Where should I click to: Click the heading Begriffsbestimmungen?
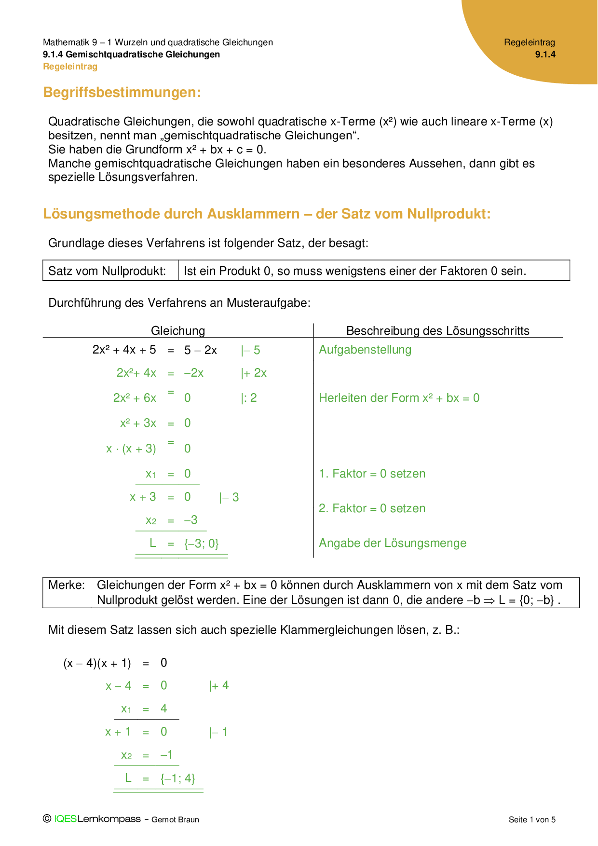tap(122, 92)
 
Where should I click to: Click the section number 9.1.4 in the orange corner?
tap(545, 55)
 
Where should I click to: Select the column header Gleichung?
tap(178, 330)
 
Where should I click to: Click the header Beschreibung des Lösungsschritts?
tap(437, 330)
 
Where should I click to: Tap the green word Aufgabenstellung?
tap(365, 350)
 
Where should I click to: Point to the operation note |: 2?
tap(249, 398)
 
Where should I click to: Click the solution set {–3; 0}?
tap(201, 544)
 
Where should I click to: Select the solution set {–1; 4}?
tap(177, 778)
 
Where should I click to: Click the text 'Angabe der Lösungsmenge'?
tap(393, 543)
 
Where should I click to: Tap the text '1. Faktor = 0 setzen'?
tap(372, 474)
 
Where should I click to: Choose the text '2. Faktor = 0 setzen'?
tap(372, 508)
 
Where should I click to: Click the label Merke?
tap(67, 585)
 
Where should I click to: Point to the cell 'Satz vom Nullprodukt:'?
tap(107, 271)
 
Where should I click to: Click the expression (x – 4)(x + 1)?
tap(97, 663)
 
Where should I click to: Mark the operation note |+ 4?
tap(219, 686)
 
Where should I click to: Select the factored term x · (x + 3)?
tap(131, 449)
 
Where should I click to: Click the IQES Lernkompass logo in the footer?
tap(92, 819)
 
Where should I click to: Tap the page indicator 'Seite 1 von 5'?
tap(532, 819)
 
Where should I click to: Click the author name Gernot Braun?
tap(175, 819)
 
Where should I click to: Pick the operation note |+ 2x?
tap(254, 373)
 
